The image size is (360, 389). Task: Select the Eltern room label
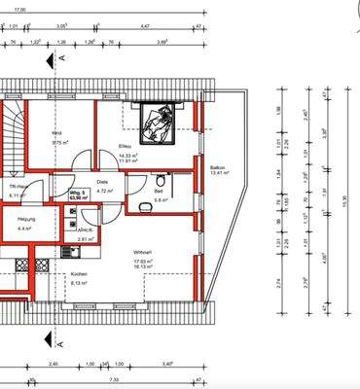click(125, 146)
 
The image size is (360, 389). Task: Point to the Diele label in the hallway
click(102, 181)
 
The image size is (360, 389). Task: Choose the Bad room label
click(158, 192)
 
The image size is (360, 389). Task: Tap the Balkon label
click(218, 167)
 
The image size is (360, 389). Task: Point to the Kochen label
click(79, 274)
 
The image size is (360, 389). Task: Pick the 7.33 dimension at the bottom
click(114, 380)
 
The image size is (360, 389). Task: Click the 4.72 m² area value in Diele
click(104, 192)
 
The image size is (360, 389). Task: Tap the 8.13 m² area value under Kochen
click(79, 284)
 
